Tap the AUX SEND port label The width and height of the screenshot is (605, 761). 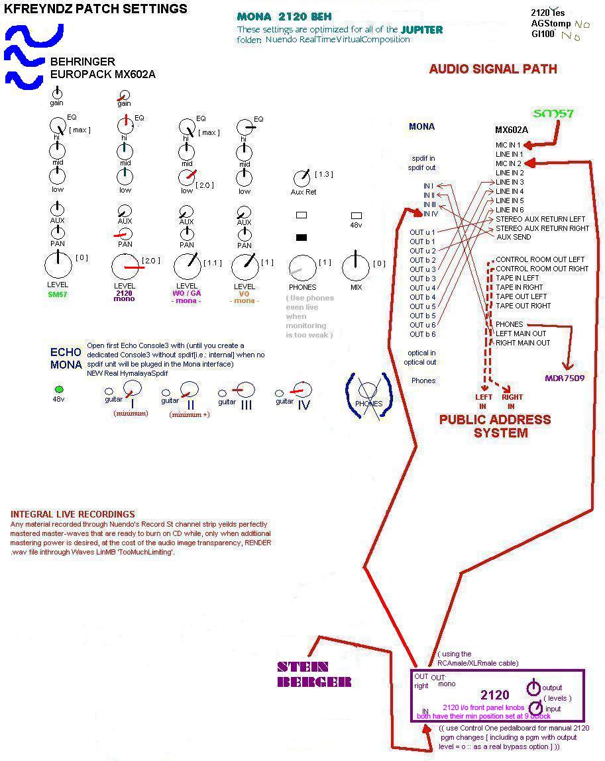pos(513,237)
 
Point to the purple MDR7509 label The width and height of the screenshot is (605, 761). pos(564,379)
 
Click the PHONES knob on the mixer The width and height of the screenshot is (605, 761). pos(303,268)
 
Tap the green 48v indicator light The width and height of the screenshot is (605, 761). pos(59,389)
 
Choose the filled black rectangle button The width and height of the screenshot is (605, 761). pos(301,237)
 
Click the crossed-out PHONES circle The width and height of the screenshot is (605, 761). pos(368,401)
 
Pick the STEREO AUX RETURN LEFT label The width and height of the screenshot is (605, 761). pos(540,219)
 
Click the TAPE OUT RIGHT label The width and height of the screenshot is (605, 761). pos(523,306)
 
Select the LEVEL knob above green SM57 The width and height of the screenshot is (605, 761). pos(58,266)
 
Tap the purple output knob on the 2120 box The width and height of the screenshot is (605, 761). pos(533,688)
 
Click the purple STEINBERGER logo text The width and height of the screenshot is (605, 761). pos(313,674)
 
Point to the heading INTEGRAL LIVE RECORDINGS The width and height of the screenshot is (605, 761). pos(73,514)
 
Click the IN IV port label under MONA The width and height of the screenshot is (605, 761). pos(430,214)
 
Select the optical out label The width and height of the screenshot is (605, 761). pos(419,362)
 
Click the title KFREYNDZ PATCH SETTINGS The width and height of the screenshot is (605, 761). pos(96,9)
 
